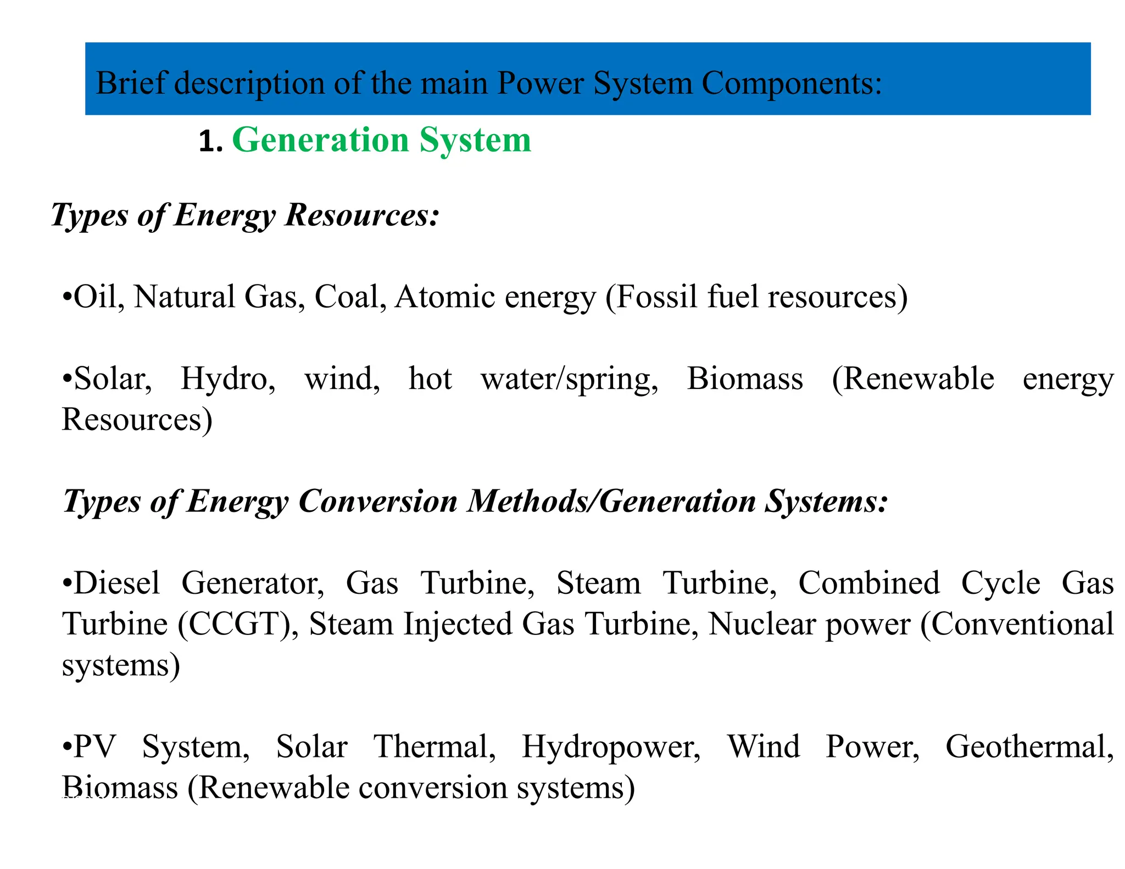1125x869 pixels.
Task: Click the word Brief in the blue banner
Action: coord(130,83)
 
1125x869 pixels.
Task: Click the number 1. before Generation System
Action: coord(210,142)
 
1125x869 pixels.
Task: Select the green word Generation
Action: coord(321,140)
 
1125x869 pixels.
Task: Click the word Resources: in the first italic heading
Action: coord(362,214)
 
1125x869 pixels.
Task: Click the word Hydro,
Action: coord(228,378)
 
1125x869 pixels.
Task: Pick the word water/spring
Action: coord(569,380)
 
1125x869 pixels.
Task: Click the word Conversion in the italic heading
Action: coord(377,501)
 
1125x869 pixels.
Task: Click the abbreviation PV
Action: coord(94,747)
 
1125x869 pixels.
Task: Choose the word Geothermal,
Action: coord(1029,747)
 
